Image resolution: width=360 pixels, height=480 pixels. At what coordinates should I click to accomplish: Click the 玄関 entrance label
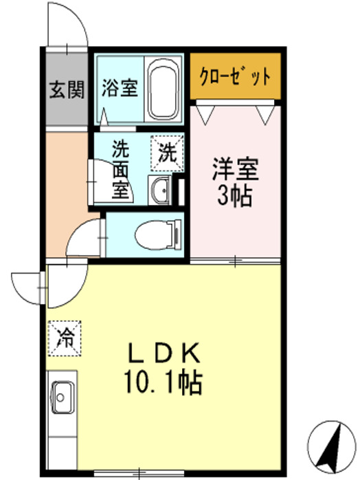pyautogui.click(x=67, y=89)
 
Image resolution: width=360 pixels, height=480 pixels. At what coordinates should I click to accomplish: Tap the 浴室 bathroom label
pyautogui.click(x=120, y=89)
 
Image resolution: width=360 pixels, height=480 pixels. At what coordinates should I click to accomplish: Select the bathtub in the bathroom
pyautogui.click(x=164, y=89)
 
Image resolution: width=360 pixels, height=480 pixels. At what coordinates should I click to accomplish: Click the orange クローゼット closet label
pyautogui.click(x=236, y=75)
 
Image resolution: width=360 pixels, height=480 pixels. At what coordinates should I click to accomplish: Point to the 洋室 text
pyautogui.click(x=235, y=168)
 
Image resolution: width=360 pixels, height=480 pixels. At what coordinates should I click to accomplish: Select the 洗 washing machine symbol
pyautogui.click(x=167, y=151)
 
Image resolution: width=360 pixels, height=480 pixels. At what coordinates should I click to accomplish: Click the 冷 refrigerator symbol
pyautogui.click(x=65, y=338)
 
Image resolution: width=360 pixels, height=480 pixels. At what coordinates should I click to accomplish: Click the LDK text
pyautogui.click(x=164, y=353)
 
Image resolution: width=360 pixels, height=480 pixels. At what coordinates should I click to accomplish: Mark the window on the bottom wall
pyautogui.click(x=138, y=472)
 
